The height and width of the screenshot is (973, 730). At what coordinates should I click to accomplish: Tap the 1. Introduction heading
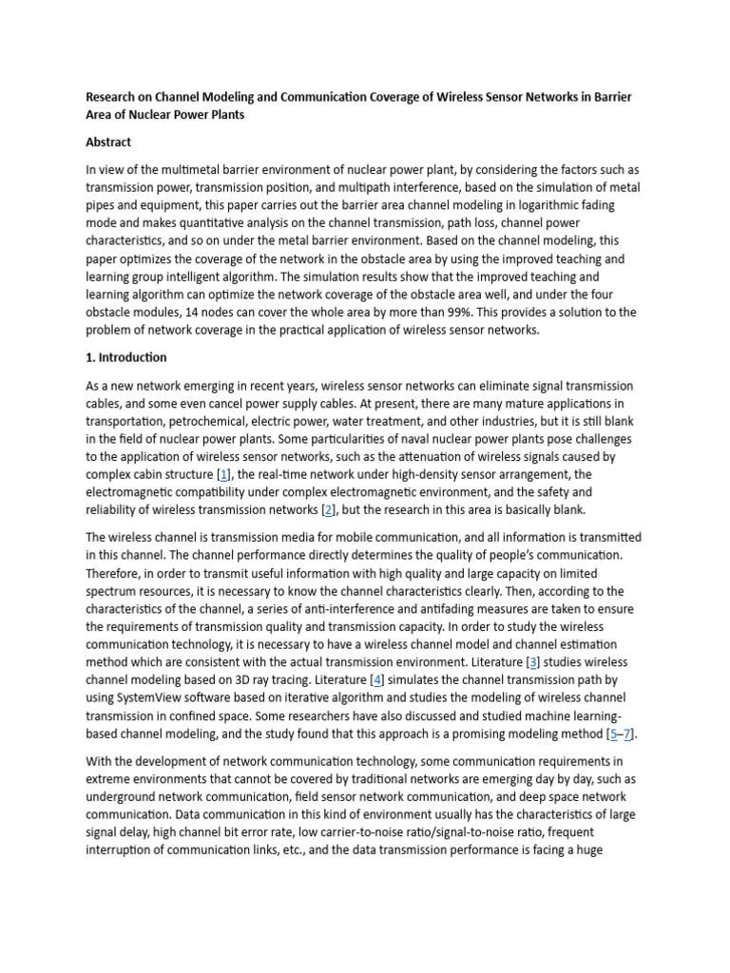(x=126, y=357)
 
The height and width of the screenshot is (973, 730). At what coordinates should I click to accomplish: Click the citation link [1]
(x=223, y=474)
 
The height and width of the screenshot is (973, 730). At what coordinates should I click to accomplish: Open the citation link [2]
(x=328, y=510)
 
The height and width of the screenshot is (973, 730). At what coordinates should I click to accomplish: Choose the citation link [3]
(x=533, y=661)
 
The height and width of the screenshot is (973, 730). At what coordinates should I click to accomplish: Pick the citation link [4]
(x=378, y=679)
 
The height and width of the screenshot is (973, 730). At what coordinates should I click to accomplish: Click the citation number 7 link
(x=627, y=734)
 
